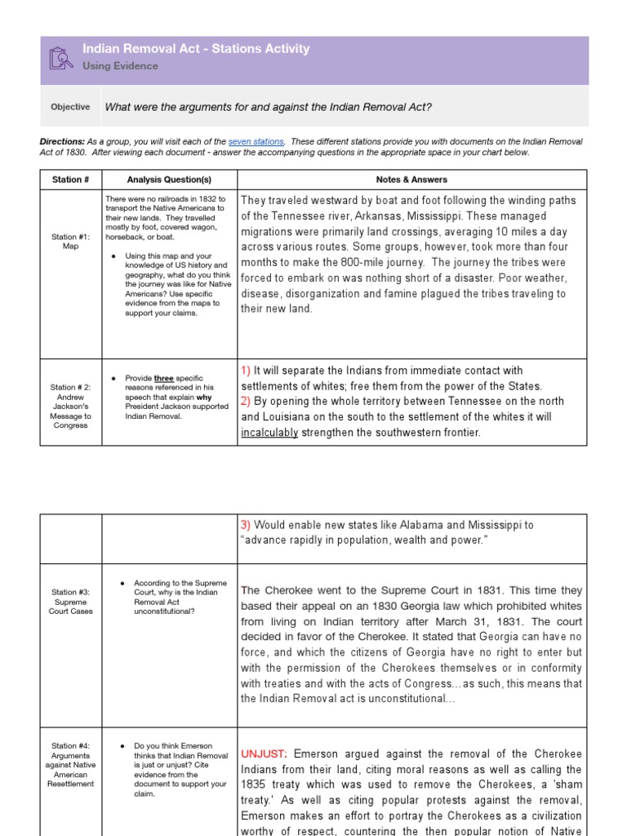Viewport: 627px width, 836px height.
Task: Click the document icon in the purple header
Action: coord(61,58)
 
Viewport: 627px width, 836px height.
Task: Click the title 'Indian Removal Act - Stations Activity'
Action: coord(196,49)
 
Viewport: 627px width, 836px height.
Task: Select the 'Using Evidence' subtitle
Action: coord(120,66)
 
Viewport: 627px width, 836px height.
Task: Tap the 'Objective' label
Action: coord(70,107)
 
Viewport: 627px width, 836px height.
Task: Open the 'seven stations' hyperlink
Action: coord(256,141)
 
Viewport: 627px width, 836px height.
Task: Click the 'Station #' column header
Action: coord(70,180)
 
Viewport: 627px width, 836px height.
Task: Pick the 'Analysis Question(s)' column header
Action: coord(169,180)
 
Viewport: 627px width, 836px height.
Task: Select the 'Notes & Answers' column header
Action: coord(411,180)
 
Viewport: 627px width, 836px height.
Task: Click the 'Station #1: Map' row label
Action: coord(71,241)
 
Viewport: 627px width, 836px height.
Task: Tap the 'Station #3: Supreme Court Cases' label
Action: coord(71,601)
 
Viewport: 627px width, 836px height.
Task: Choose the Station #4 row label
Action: coord(71,765)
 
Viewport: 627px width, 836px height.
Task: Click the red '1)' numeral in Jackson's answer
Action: coord(246,371)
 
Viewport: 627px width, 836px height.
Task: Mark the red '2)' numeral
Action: coord(246,402)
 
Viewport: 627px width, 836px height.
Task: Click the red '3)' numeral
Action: coord(246,526)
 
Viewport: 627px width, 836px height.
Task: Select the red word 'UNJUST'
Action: coord(261,754)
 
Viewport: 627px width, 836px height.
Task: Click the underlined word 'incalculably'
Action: coord(269,433)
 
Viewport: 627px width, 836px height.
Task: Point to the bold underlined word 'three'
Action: coord(165,379)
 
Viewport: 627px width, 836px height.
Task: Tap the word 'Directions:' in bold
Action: coord(62,141)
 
